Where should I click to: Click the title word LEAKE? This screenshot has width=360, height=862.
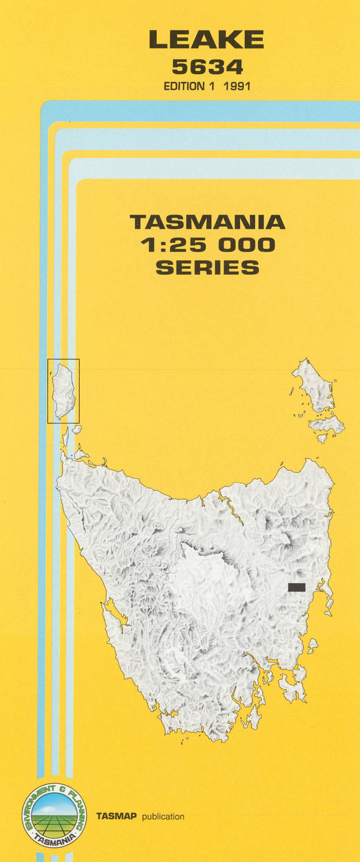tap(206, 40)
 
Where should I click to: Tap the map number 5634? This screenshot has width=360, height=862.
tap(207, 67)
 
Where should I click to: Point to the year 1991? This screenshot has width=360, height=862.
tap(236, 87)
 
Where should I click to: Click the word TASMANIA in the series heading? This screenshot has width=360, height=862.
tap(207, 222)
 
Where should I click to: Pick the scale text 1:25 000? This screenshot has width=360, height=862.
tap(207, 245)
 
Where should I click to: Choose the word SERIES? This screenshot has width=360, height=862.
tap(207, 267)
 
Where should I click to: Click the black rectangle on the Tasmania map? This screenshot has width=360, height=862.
tap(296, 587)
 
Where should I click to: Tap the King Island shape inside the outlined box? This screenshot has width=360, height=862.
tap(64, 390)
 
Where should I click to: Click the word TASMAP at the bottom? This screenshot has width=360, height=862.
tap(116, 816)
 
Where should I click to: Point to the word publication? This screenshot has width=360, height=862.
tap(163, 816)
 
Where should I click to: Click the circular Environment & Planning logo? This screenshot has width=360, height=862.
tap(54, 816)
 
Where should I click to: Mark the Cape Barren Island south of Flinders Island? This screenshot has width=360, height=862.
tap(327, 425)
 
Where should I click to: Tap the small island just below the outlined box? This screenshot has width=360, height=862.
tap(66, 437)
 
